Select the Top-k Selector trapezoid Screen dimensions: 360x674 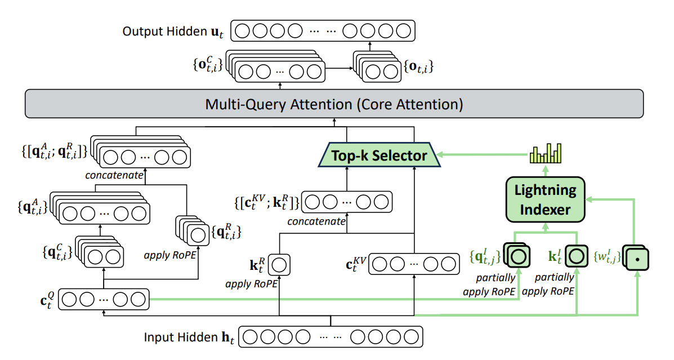click(378, 155)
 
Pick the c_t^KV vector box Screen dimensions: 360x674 click(413, 264)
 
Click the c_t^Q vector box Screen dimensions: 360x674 click(104, 299)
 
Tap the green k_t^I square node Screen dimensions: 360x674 click(576, 257)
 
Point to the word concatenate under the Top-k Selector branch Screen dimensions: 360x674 click(316, 221)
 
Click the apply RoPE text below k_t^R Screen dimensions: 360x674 click(251, 284)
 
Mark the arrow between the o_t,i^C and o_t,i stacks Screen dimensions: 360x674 click(340, 70)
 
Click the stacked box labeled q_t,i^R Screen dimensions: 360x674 click(191, 232)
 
